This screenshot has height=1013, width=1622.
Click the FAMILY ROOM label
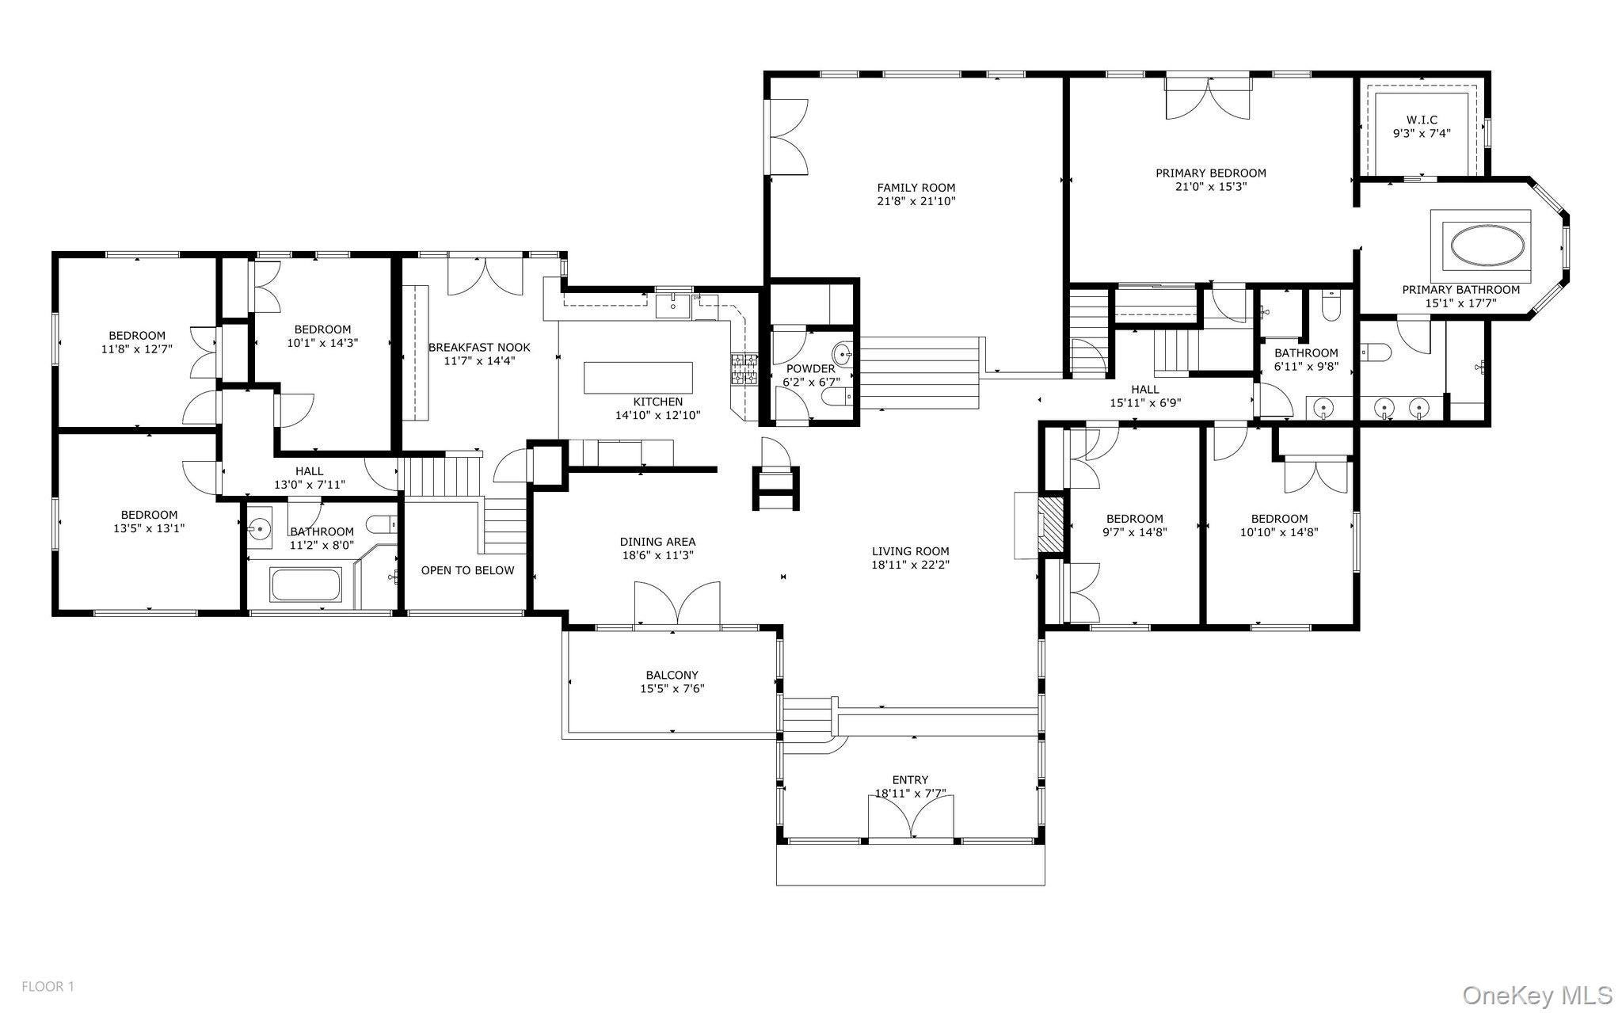point(916,188)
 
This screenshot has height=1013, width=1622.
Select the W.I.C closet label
point(1422,120)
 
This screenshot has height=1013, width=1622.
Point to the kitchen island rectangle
point(638,378)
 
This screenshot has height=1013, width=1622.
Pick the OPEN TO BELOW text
point(467,570)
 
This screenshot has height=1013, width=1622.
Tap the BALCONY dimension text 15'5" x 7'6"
point(672,689)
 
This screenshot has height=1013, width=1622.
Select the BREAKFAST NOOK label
point(479,348)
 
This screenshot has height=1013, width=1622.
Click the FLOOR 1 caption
point(48,987)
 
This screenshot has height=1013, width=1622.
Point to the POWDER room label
point(810,369)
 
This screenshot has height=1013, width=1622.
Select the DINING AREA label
point(657,543)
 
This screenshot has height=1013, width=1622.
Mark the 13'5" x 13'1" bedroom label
point(149,528)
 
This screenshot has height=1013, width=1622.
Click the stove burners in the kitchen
point(743,369)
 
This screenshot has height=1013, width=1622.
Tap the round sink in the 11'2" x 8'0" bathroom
point(259,528)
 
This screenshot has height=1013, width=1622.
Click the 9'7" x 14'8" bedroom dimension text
point(1135,533)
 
